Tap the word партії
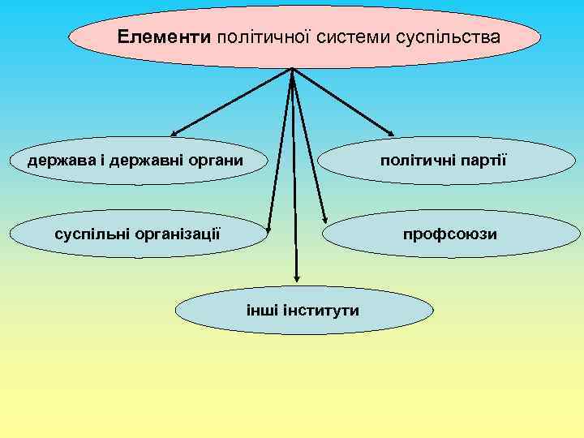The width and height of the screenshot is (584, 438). click(x=481, y=159)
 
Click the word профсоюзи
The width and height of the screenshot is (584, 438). click(x=451, y=234)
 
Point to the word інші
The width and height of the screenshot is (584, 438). click(x=261, y=310)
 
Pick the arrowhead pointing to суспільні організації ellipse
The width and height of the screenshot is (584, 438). click(x=268, y=228)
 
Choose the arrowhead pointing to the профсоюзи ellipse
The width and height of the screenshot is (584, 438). click(x=324, y=221)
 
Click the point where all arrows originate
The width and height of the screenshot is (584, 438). click(x=291, y=70)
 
